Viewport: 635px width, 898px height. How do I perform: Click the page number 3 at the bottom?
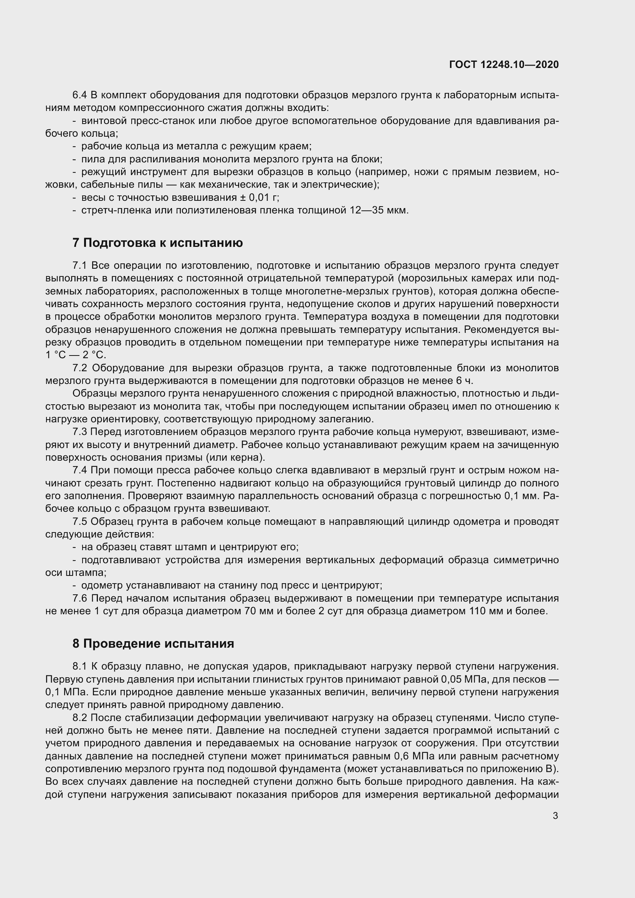tap(555, 816)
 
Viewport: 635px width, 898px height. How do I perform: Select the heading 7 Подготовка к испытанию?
tap(157, 243)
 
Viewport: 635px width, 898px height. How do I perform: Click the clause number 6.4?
tap(80, 95)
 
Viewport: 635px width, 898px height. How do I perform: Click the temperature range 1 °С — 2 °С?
tap(76, 355)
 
